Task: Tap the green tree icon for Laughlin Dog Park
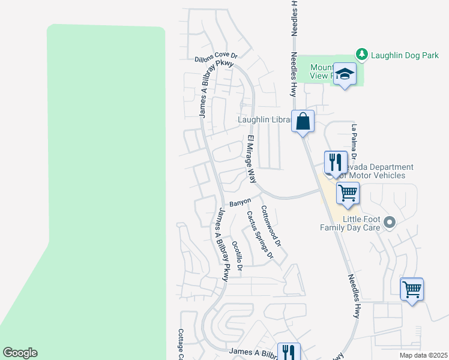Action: [x=362, y=55]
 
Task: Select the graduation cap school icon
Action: [x=345, y=74]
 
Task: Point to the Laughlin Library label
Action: [x=264, y=119]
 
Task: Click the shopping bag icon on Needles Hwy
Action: [x=303, y=121]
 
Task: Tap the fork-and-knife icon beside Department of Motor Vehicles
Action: [x=336, y=161]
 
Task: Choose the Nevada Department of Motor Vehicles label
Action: [x=375, y=171]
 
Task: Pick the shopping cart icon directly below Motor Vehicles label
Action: [x=348, y=193]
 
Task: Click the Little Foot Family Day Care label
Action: [x=361, y=223]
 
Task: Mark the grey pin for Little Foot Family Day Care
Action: [x=390, y=223]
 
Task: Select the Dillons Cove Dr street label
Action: [x=216, y=58]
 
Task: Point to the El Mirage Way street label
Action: [x=252, y=160]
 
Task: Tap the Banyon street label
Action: [x=240, y=203]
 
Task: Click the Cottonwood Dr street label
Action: [x=271, y=227]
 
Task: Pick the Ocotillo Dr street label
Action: [x=237, y=256]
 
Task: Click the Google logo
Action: [x=20, y=353]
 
